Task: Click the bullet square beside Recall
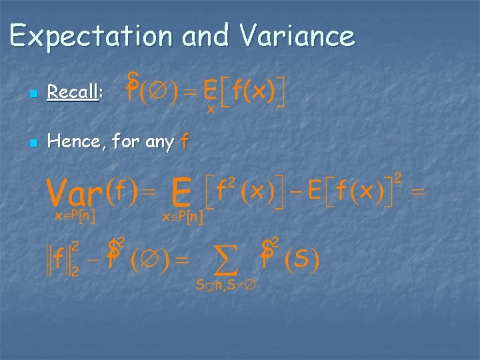pyautogui.click(x=33, y=93)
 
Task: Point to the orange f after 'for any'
pyautogui.click(x=185, y=141)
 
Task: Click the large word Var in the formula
pyautogui.click(x=75, y=193)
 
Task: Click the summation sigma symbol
pyautogui.click(x=225, y=260)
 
